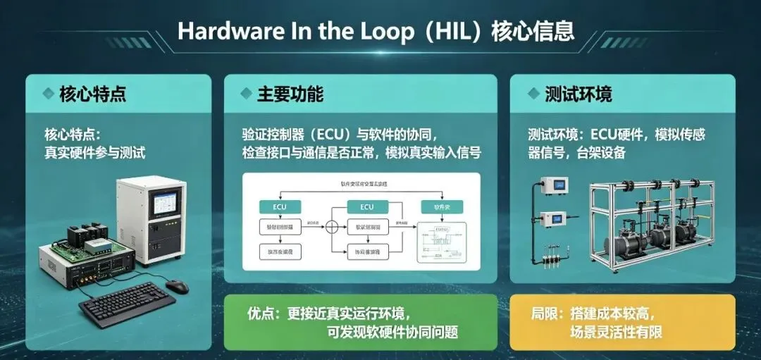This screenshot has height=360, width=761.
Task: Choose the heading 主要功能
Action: point(290,94)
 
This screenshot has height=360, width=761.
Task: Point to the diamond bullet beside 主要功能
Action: point(246,94)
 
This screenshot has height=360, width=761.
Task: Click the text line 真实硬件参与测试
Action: point(94,152)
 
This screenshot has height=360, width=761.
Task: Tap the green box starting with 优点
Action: point(360,322)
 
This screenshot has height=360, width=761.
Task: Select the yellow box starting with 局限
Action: point(622,322)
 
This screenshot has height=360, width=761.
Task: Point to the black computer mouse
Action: point(177,286)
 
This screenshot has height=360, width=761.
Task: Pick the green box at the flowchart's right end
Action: point(441,206)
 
